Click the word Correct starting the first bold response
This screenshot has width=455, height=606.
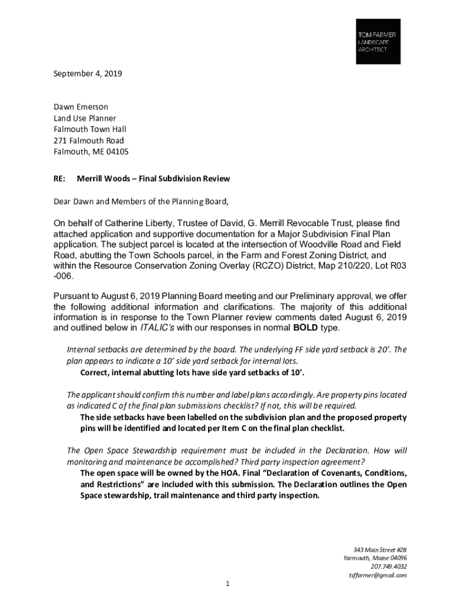pos(96,372)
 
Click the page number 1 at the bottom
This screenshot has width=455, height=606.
pos(227,585)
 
